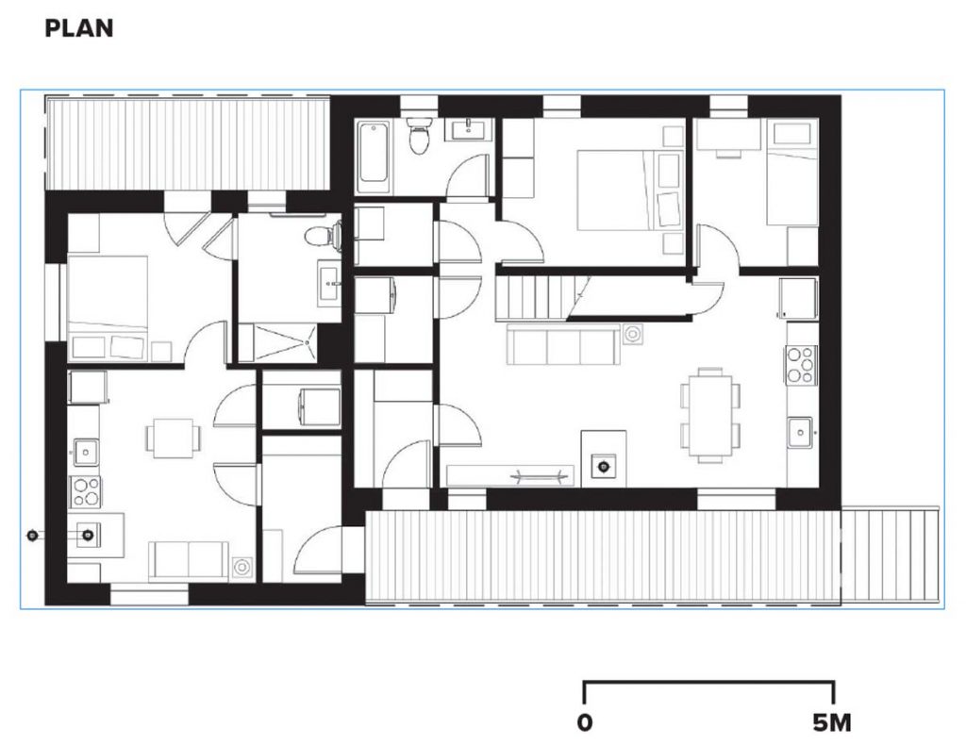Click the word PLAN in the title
pos(79,28)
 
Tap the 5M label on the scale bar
pos(831,723)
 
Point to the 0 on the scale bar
pos(585,723)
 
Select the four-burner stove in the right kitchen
pos(801,365)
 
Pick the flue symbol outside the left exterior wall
pos(32,536)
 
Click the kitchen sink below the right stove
pos(801,432)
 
